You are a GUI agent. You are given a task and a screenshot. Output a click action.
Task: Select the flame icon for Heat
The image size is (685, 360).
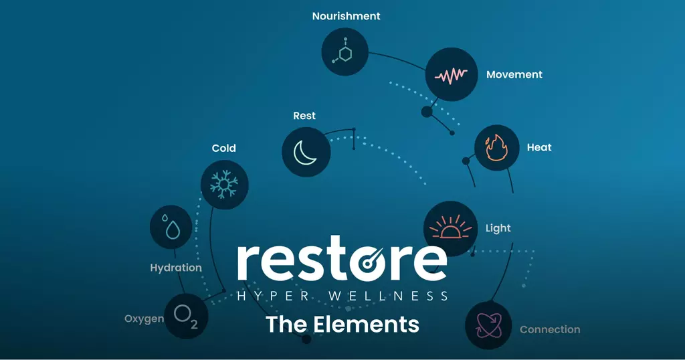(x=497, y=148)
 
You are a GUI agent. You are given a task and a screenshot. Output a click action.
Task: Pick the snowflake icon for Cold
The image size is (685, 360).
(x=224, y=185)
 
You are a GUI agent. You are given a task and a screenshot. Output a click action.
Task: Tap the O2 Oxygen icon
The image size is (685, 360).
(x=186, y=316)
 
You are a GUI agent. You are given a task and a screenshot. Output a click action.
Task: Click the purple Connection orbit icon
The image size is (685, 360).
(x=488, y=325)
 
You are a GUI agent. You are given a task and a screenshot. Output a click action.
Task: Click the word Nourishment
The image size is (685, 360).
(x=346, y=16)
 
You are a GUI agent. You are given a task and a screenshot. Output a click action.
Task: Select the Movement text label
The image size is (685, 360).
(x=514, y=75)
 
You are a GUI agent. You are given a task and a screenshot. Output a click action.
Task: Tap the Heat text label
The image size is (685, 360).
(x=539, y=148)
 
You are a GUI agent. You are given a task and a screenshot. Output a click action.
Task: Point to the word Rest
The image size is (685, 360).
(x=304, y=116)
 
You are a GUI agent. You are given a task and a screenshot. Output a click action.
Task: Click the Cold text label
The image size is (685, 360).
(x=223, y=148)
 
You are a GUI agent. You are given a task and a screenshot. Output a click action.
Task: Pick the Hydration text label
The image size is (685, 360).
(x=176, y=268)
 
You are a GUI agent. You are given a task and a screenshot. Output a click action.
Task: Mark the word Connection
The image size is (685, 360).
(x=550, y=329)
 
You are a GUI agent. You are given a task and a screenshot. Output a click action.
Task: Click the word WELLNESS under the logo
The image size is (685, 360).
(x=389, y=296)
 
